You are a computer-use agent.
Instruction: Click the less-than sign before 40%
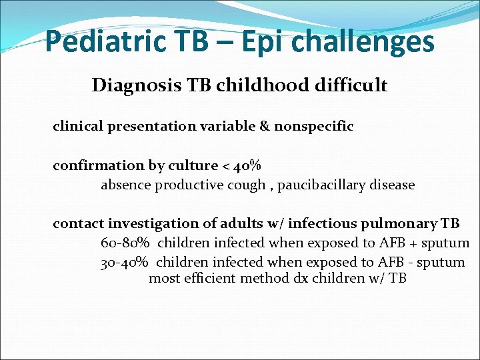227,166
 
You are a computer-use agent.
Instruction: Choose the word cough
247,185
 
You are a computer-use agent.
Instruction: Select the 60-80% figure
125,243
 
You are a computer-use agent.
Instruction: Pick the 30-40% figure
125,263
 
